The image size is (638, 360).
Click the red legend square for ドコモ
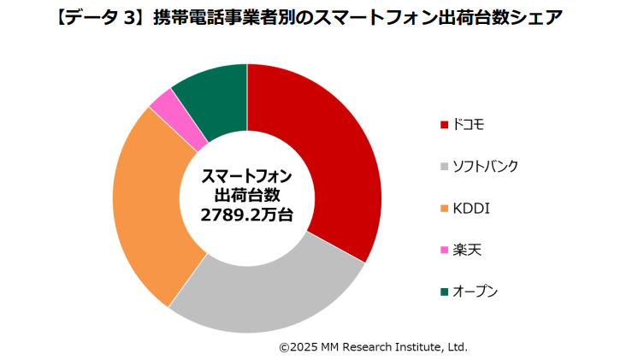(444, 126)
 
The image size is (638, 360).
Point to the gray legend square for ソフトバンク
(444, 167)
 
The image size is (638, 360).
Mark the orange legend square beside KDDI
(444, 209)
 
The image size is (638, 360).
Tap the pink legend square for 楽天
(444, 251)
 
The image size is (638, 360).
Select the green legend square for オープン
(444, 292)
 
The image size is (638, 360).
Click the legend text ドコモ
(469, 126)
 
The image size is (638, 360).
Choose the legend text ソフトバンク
(485, 167)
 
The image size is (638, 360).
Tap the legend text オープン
(476, 292)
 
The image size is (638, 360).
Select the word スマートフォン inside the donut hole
(246, 177)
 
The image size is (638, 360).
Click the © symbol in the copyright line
(284, 347)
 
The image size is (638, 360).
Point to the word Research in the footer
(369, 347)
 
